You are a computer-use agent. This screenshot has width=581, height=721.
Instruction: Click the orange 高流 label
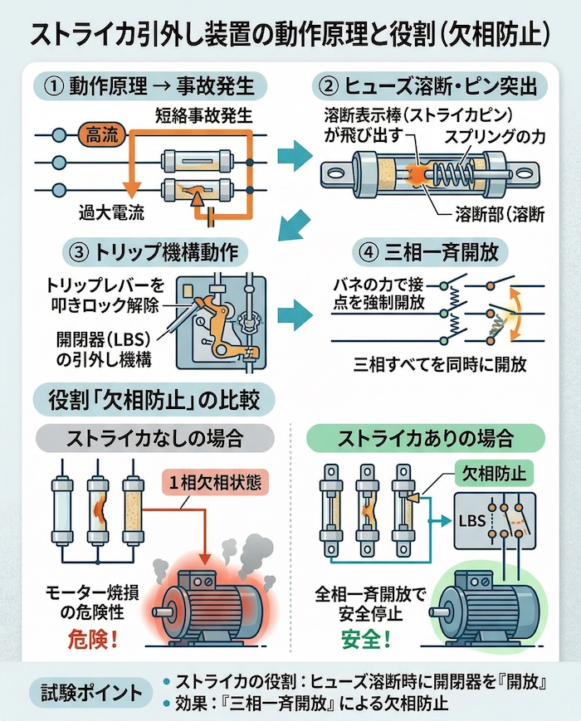pyautogui.click(x=103, y=135)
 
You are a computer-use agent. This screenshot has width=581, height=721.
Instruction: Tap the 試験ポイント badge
pyautogui.click(x=89, y=692)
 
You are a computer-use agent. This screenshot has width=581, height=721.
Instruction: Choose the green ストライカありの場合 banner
pyautogui.click(x=425, y=436)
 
